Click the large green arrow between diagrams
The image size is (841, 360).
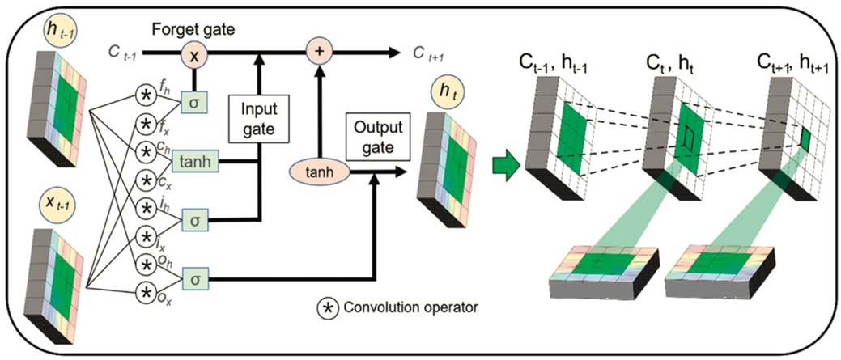click(x=504, y=164)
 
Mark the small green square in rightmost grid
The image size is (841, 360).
click(x=805, y=139)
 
